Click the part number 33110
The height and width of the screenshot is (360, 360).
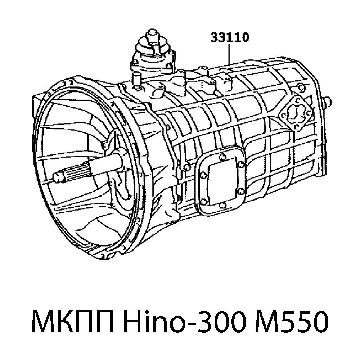coord(230,37)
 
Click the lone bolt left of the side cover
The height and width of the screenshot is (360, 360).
coord(186,166)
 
